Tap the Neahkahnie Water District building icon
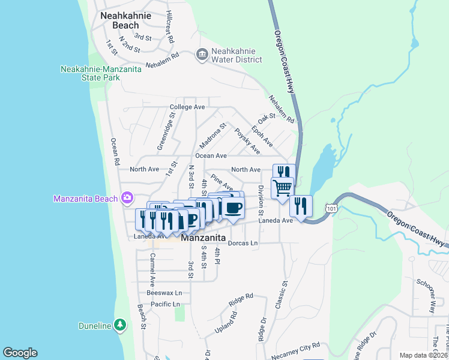202,55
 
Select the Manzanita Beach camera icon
127,197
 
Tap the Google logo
20,353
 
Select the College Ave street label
187,107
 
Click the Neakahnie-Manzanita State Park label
101,74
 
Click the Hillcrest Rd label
170,26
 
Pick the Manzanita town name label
203,238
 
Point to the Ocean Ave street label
206,155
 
